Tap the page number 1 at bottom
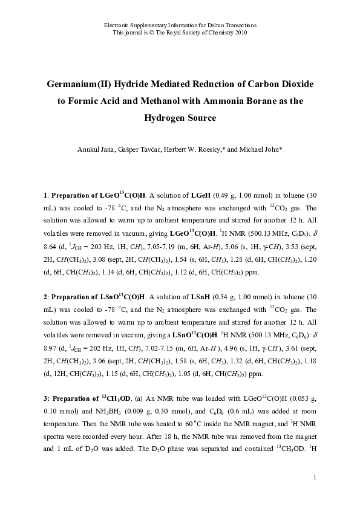click(316, 478)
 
